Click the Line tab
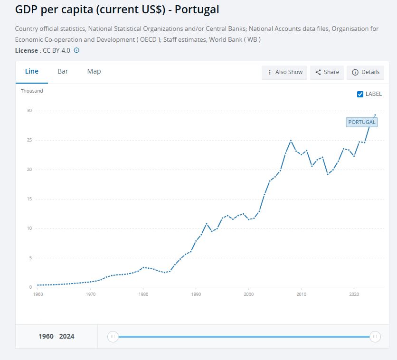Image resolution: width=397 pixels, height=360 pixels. click(32, 71)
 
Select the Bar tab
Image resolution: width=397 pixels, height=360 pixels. click(63, 71)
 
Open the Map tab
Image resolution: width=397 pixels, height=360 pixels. click(94, 71)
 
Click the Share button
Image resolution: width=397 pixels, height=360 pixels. click(327, 72)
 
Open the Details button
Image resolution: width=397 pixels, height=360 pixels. click(366, 72)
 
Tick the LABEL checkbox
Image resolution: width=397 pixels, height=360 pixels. click(360, 94)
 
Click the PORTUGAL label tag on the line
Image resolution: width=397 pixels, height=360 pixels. click(362, 122)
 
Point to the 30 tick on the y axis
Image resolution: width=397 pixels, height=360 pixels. click(29, 111)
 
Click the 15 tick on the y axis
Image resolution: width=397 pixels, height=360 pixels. click(29, 199)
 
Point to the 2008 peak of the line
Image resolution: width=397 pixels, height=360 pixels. click(291, 141)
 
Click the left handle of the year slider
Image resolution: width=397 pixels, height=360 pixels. click(113, 337)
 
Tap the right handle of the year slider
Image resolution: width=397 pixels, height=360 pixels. click(375, 337)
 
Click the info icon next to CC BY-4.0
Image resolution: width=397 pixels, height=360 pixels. click(76, 50)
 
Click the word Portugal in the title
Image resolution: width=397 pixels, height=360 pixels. click(196, 9)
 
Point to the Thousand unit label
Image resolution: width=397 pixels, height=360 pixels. click(32, 91)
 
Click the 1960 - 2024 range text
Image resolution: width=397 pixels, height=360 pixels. click(57, 337)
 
